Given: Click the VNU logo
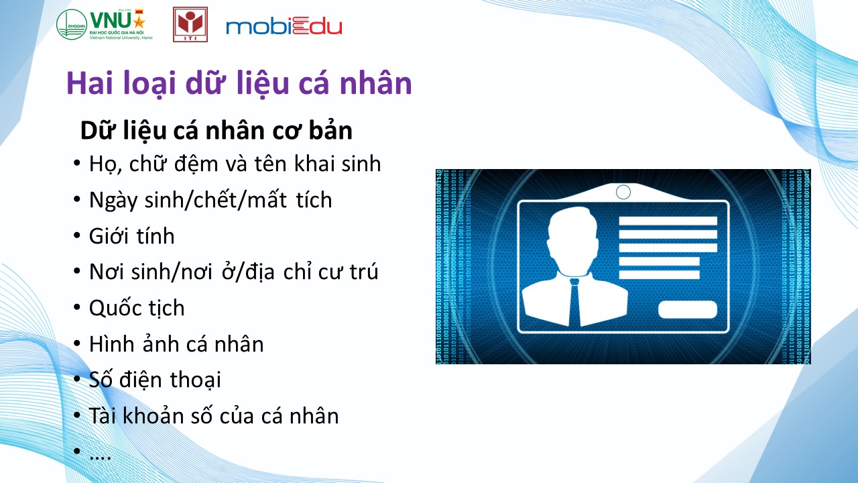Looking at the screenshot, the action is (104, 24).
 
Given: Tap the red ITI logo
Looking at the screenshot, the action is (190, 24).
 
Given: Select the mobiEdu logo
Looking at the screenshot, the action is (284, 26).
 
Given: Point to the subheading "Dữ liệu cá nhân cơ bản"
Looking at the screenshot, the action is (217, 131).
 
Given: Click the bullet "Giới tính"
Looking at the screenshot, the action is (132, 235).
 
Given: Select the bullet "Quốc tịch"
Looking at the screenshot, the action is (137, 308).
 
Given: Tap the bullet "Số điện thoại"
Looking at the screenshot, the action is (155, 380).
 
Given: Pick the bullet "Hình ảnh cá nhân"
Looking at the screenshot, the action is (176, 344).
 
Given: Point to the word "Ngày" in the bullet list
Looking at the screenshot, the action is (113, 200).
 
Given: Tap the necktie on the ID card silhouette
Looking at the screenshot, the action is (574, 302).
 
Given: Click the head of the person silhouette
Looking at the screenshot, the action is (573, 241).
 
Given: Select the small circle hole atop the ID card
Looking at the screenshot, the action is (623, 192).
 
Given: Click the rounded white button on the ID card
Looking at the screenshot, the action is (688, 310).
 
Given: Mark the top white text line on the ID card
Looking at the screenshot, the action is (668, 221).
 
